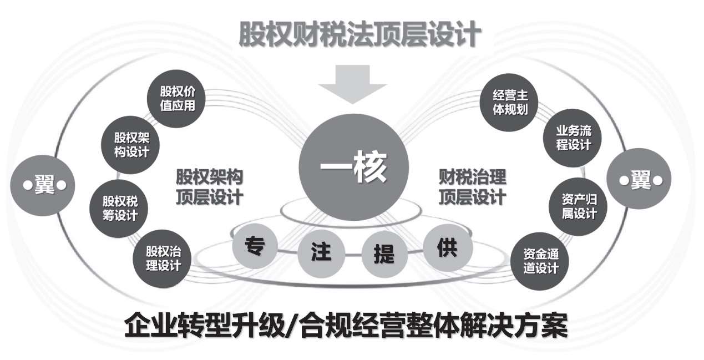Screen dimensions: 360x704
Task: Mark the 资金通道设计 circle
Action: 540,262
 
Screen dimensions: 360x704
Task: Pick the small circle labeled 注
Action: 321,252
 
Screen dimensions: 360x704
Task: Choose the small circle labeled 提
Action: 384,254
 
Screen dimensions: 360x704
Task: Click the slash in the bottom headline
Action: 293,326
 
